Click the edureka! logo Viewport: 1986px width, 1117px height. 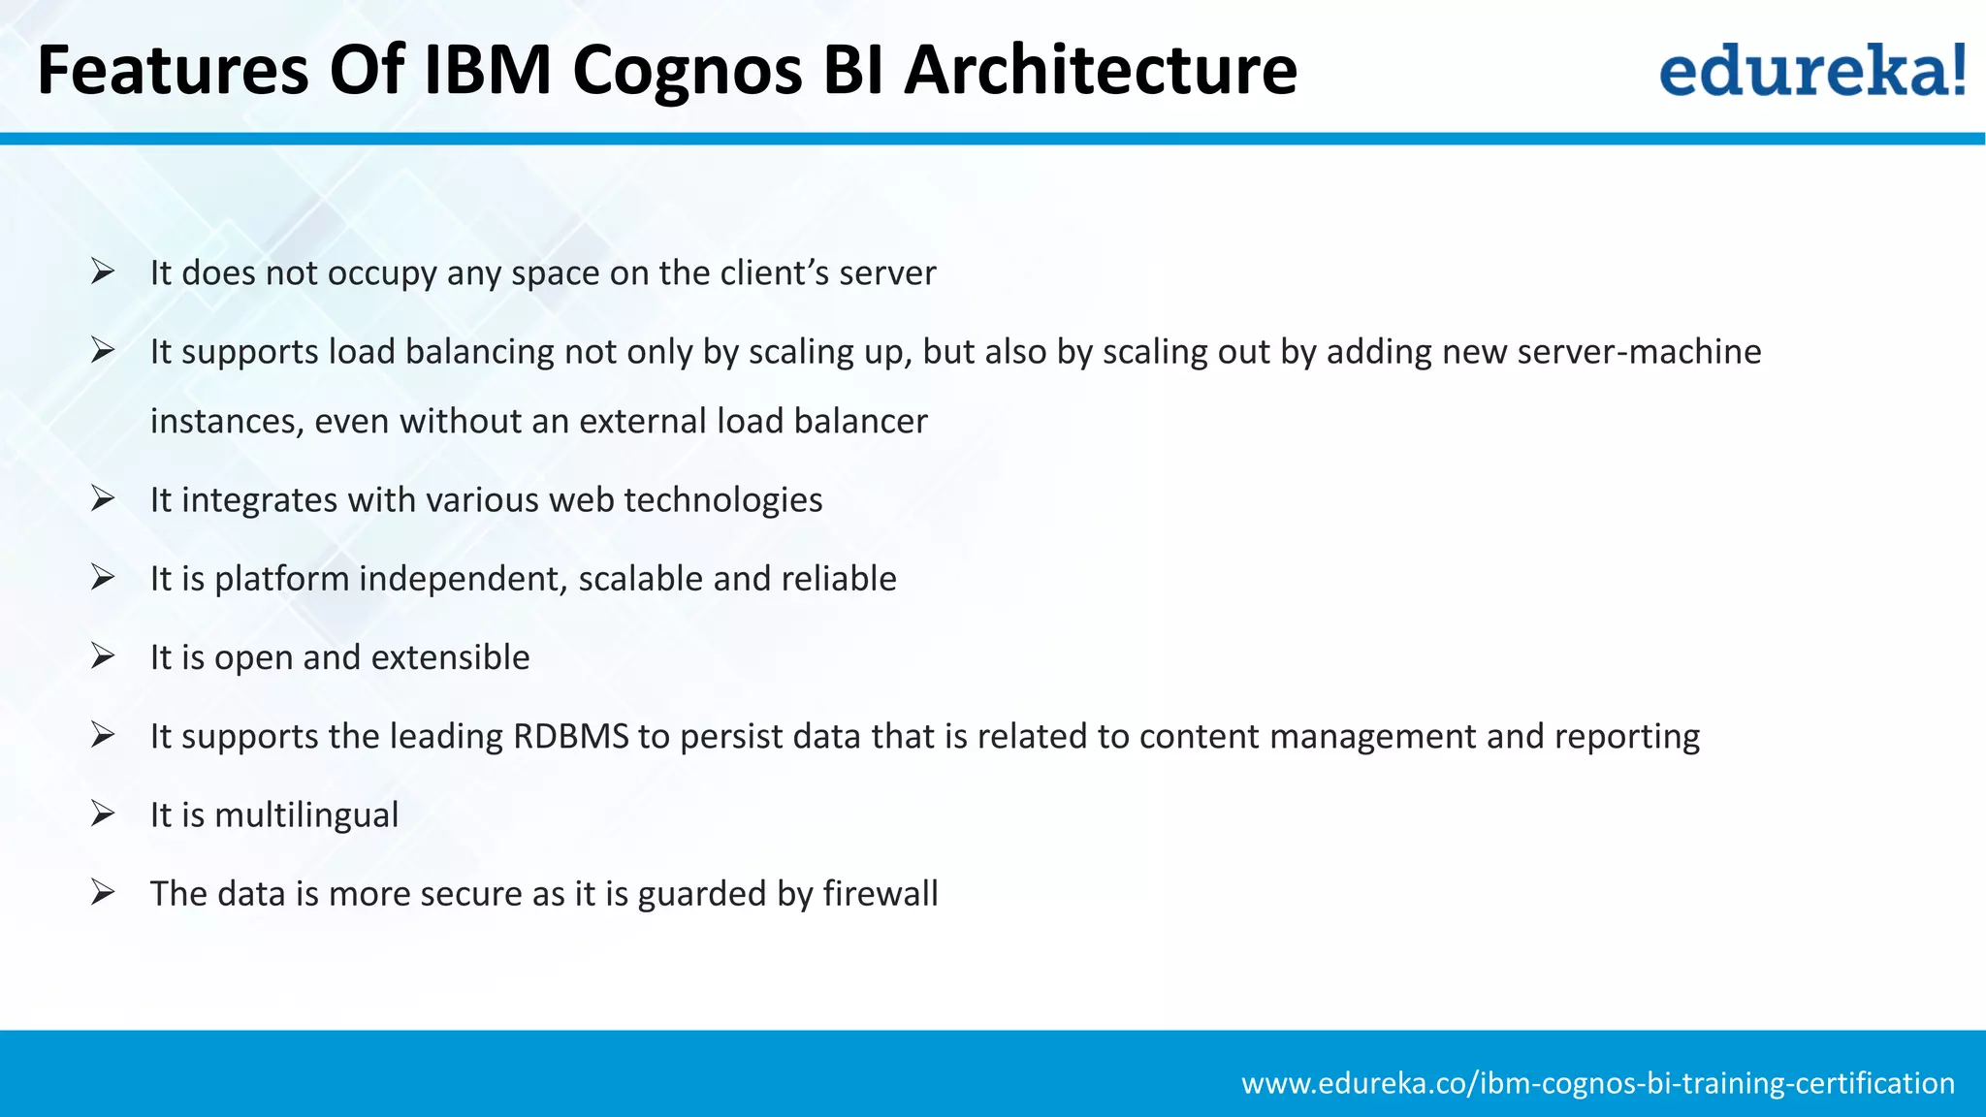[x=1812, y=70]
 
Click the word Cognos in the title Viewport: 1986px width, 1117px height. [x=688, y=70]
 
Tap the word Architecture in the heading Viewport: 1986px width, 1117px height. [x=1101, y=70]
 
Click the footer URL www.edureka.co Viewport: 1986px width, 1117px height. [x=1597, y=1082]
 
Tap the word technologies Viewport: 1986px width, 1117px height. [x=723, y=499]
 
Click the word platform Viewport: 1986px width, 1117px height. [x=281, y=579]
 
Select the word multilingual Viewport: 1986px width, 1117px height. [x=306, y=814]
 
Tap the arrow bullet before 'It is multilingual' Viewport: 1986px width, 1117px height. [x=103, y=814]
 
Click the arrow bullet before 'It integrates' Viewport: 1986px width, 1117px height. [x=103, y=498]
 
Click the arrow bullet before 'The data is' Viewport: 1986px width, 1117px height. [x=103, y=892]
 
